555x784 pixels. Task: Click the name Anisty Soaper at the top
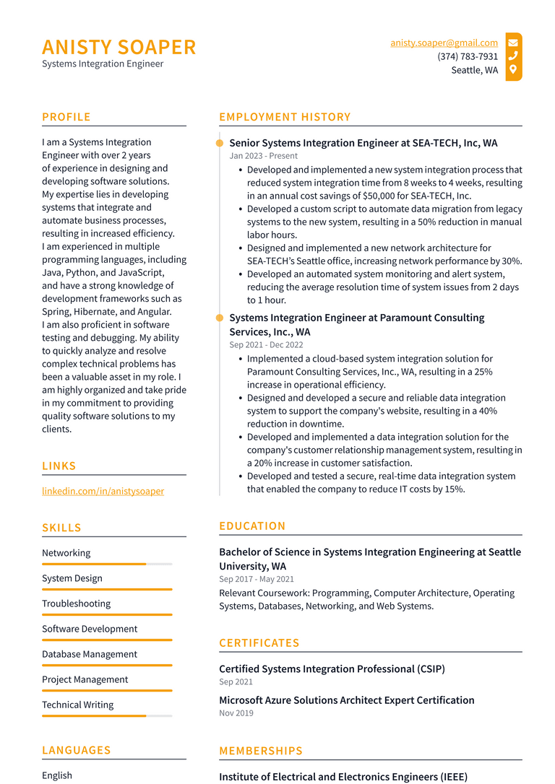pos(119,47)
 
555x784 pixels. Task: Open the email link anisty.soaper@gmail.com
pos(444,43)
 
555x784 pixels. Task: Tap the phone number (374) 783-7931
pos(468,56)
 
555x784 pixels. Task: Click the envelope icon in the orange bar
pos(513,43)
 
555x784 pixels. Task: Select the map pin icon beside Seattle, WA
pos(513,69)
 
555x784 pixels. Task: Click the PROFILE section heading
pos(66,117)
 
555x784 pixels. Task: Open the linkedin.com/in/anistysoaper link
pos(103,491)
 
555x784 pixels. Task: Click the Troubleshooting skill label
pos(76,604)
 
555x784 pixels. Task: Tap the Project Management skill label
pos(85,679)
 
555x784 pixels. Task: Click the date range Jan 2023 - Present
pos(263,156)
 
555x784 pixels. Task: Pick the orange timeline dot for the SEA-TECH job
pos(220,143)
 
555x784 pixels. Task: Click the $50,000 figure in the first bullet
pos(381,196)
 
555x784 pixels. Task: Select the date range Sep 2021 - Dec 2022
pos(266,345)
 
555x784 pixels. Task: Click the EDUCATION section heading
pos(252,526)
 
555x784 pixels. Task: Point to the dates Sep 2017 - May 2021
pos(257,579)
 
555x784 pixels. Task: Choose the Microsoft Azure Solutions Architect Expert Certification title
pos(346,700)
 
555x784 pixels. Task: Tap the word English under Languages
pos(57,775)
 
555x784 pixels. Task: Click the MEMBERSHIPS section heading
pos(261,751)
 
